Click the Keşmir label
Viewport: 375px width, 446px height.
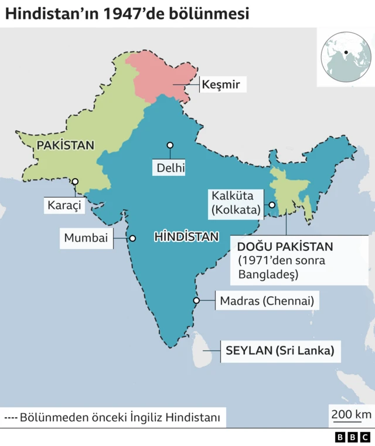pos(220,85)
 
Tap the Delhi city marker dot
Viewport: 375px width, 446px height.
pos(170,145)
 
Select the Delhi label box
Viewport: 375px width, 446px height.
pos(171,169)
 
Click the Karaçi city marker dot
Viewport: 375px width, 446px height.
pos(75,182)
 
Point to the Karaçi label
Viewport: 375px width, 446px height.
pos(65,205)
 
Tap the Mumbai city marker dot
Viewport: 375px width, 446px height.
pos(132,238)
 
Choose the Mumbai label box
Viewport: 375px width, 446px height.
pos(86,238)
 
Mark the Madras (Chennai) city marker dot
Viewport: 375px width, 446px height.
pos(196,301)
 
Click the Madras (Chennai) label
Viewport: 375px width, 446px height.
pos(267,301)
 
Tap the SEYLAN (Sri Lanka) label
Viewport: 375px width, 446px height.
pos(279,351)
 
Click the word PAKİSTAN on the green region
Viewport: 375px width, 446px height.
pos(65,145)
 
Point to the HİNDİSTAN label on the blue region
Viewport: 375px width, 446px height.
pos(186,237)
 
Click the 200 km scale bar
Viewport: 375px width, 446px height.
pos(351,416)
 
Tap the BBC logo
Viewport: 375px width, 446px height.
pos(353,437)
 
